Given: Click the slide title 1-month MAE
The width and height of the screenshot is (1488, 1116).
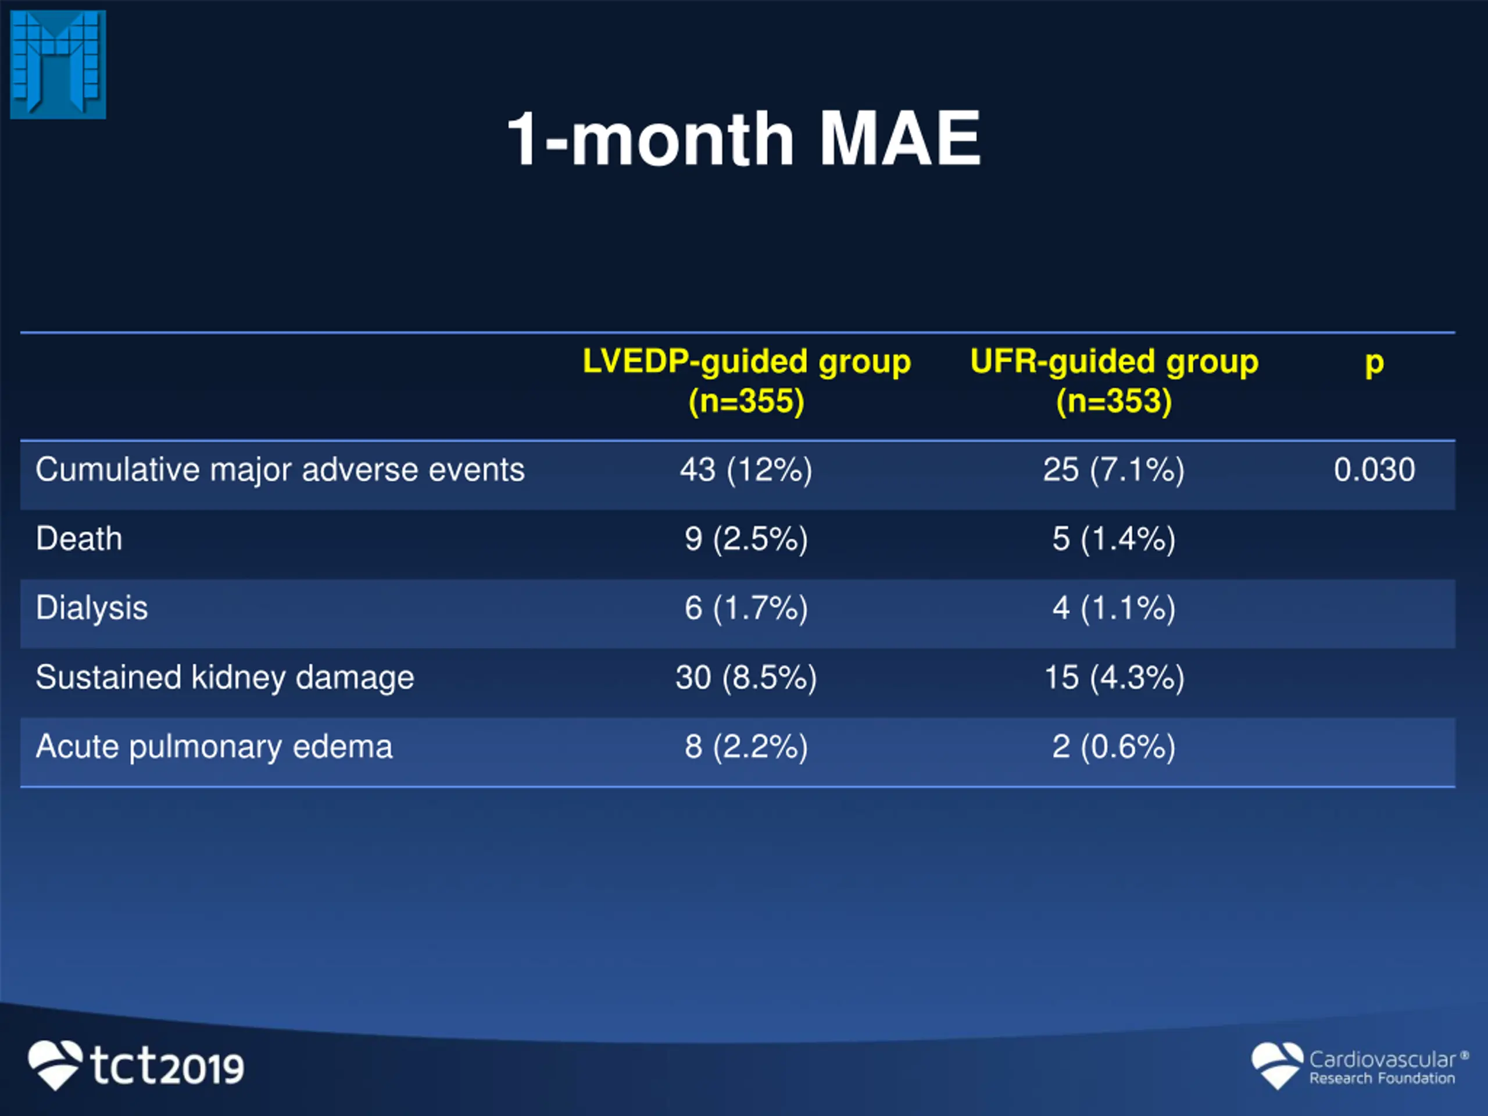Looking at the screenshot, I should coord(743,139).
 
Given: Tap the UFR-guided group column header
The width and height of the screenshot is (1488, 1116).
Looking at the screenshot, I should coord(1114,381).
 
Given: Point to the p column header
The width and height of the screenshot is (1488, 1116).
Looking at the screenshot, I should coord(1374,363).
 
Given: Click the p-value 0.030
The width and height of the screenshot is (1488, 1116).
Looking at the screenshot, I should coord(1374,470).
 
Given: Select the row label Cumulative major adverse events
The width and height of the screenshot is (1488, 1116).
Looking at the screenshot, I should coord(280,470).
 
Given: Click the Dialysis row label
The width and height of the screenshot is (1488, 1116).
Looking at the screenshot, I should coord(91,608).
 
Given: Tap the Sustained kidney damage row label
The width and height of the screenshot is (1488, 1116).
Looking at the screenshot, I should coord(225,677).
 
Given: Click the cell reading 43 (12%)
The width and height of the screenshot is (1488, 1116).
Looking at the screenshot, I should coord(746,470).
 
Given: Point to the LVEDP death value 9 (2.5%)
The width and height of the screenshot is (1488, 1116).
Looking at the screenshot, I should coord(746,539).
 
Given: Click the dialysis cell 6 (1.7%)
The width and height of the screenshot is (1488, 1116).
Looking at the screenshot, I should coord(746,608).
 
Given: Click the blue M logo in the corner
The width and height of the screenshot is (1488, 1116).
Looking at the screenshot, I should coord(58,65).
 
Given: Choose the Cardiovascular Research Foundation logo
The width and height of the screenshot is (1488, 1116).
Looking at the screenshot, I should coord(1359,1065).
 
